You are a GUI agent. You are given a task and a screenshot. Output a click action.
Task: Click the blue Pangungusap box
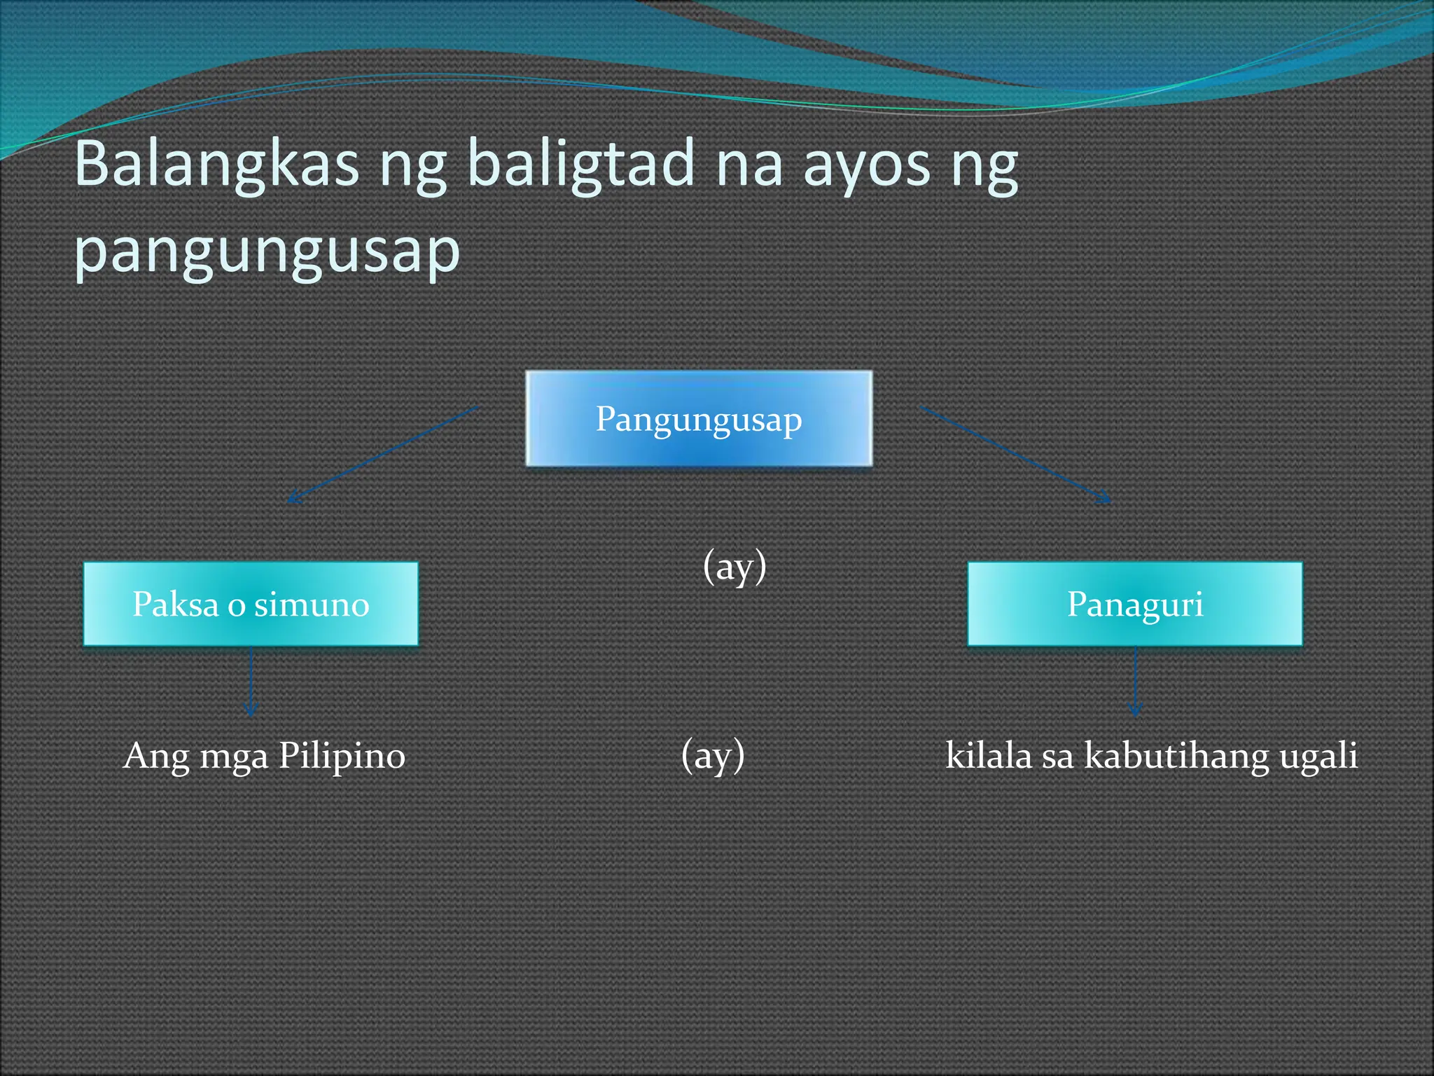(699, 418)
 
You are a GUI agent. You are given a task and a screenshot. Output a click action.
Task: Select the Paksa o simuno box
(251, 604)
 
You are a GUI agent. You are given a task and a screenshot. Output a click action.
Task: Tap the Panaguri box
(1135, 604)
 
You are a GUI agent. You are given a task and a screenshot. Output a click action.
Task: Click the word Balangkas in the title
(216, 165)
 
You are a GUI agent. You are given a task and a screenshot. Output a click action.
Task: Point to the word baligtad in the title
(580, 165)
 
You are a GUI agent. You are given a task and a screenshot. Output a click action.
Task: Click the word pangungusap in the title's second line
(267, 251)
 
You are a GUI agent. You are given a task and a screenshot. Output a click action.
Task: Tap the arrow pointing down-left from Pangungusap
(383, 454)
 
